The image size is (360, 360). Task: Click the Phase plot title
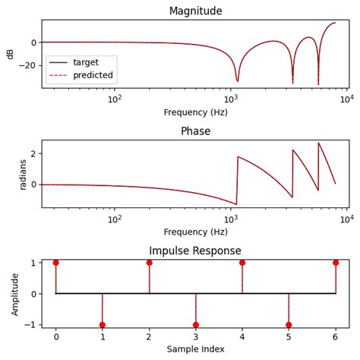pos(195,131)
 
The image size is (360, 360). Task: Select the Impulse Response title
pos(195,251)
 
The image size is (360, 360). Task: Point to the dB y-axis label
pos(11,53)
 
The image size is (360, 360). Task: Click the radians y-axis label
pos(22,173)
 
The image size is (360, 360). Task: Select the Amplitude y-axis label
pos(14,294)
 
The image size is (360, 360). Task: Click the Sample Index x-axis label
pos(195,349)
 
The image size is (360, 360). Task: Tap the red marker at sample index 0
pos(55,263)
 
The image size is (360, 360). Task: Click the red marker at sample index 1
pos(102,325)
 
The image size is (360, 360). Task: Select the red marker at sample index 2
pos(149,263)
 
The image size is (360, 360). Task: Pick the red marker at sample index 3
pos(195,325)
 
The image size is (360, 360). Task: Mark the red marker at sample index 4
pos(242,263)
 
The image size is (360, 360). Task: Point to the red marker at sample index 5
pos(289,325)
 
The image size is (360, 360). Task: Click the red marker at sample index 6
pos(336,263)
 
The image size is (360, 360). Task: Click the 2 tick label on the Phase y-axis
pos(33,153)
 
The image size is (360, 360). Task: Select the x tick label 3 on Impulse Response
pos(195,336)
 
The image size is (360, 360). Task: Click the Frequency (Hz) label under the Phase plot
pos(195,232)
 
